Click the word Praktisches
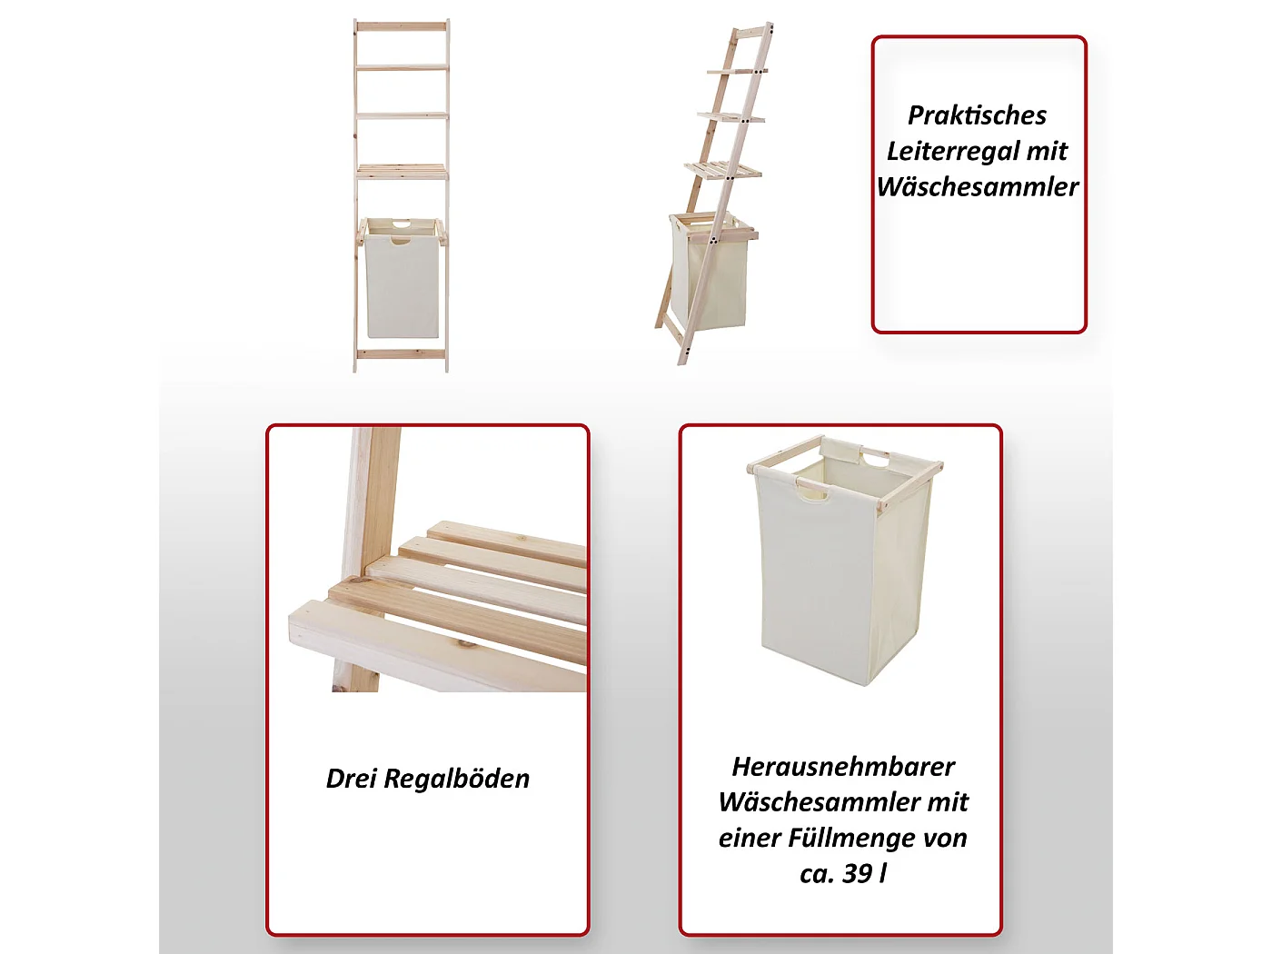pos(977,115)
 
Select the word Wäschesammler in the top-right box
pos(978,186)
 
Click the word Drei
pos(351,779)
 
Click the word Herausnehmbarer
pos(843,767)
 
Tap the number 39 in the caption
pos(857,873)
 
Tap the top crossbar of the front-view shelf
pos(401,26)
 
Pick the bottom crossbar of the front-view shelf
pos(401,354)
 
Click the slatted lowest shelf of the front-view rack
pos(401,170)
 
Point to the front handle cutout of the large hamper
pos(812,492)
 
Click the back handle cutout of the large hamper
pos(876,459)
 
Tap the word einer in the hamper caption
pos(750,838)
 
